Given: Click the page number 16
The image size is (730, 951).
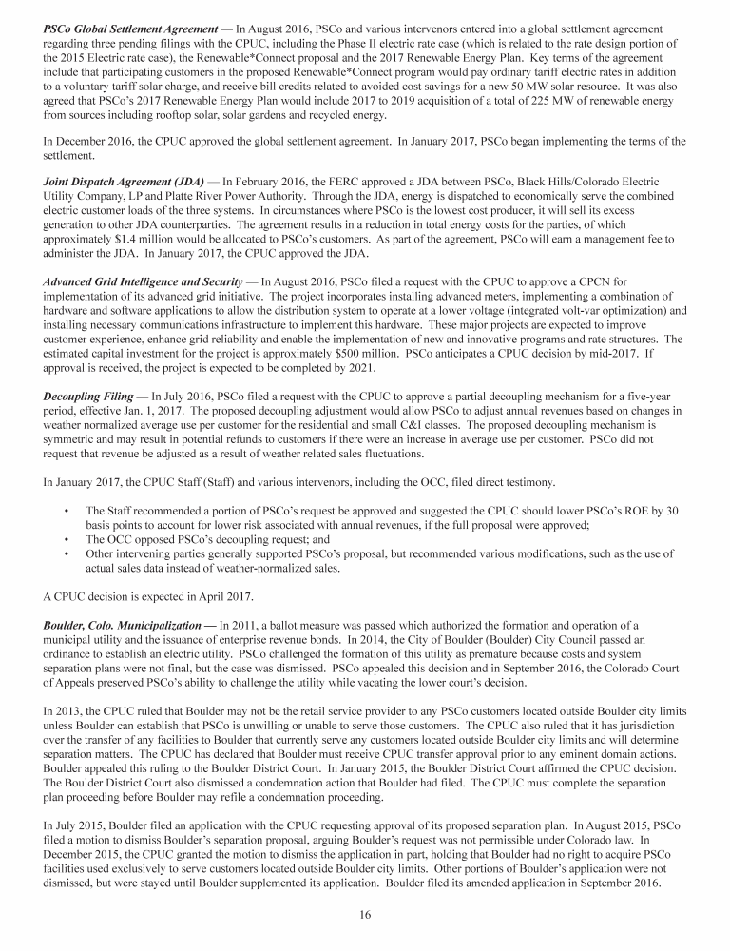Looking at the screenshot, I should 365,915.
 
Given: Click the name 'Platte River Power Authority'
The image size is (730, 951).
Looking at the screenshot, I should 201,193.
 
